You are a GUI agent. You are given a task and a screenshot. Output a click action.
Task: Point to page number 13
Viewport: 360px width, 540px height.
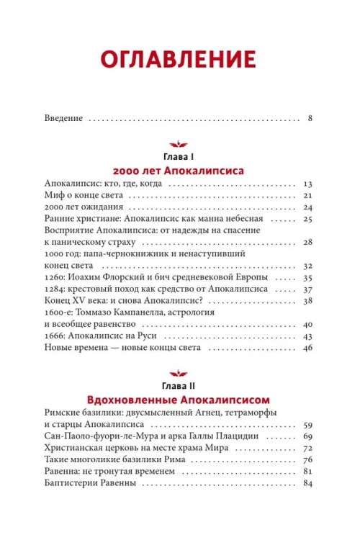point(306,185)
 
